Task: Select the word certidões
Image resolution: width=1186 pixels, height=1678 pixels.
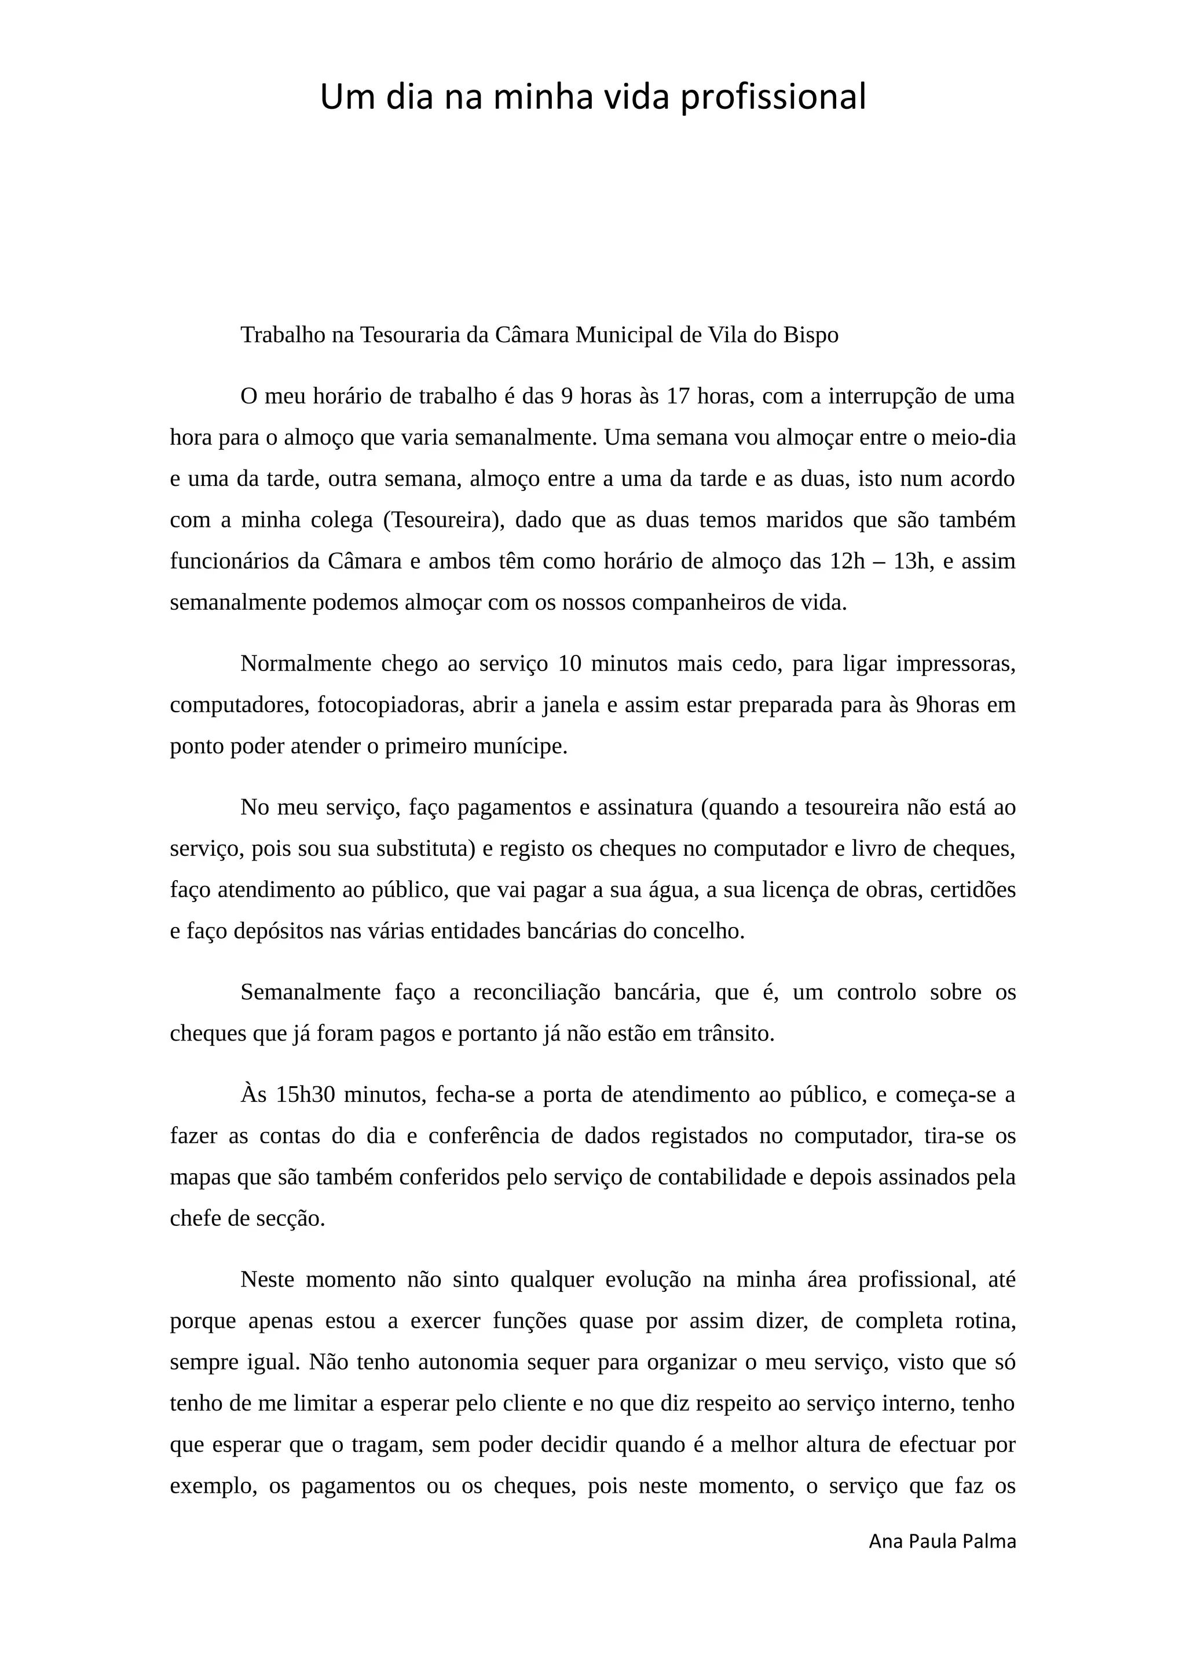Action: [x=973, y=889]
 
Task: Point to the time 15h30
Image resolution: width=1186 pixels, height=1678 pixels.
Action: [x=305, y=1095]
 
